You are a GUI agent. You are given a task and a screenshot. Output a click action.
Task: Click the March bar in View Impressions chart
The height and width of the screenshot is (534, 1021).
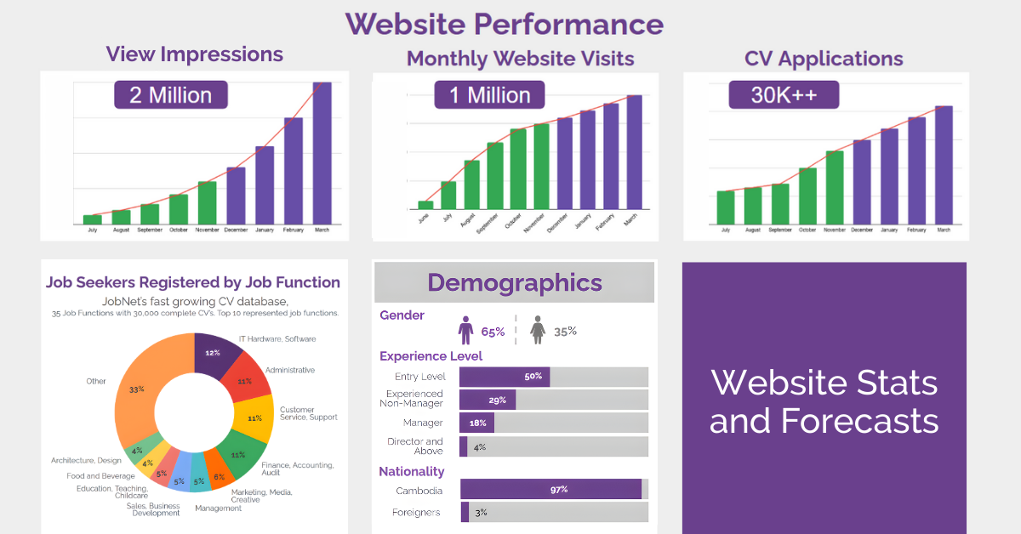pyautogui.click(x=322, y=153)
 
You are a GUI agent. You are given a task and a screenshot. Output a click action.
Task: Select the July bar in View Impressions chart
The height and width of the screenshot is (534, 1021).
pyautogui.click(x=92, y=219)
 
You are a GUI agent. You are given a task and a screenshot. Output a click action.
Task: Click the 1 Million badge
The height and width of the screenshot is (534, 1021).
pyautogui.click(x=490, y=94)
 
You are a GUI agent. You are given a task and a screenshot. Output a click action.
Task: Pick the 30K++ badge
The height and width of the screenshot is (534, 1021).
pyautogui.click(x=784, y=94)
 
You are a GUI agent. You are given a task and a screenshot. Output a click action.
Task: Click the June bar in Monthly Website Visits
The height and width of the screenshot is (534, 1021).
pyautogui.click(x=425, y=205)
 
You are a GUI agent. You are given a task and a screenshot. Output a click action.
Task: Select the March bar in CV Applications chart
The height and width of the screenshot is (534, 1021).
pyautogui.click(x=944, y=165)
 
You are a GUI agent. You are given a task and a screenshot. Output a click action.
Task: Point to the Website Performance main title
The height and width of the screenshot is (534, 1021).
pyautogui.click(x=505, y=23)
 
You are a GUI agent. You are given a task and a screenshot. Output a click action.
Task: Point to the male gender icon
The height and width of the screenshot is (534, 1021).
pyautogui.click(x=465, y=330)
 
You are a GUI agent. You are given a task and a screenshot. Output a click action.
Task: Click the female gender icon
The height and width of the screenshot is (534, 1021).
pyautogui.click(x=539, y=330)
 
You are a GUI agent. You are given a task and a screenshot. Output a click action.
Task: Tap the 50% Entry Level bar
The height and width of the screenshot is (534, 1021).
pyautogui.click(x=504, y=377)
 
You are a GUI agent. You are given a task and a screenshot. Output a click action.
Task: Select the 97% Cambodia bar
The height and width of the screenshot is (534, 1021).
pyautogui.click(x=550, y=489)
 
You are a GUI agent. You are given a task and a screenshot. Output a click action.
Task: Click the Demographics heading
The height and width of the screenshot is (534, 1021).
pyautogui.click(x=514, y=283)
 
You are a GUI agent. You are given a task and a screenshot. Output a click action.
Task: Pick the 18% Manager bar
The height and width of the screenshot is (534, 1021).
pyautogui.click(x=476, y=423)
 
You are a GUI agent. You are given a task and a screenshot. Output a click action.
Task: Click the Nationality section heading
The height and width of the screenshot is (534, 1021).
pyautogui.click(x=412, y=471)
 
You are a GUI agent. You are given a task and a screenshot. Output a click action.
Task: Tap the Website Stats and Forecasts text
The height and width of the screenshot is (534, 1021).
pyautogui.click(x=824, y=401)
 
